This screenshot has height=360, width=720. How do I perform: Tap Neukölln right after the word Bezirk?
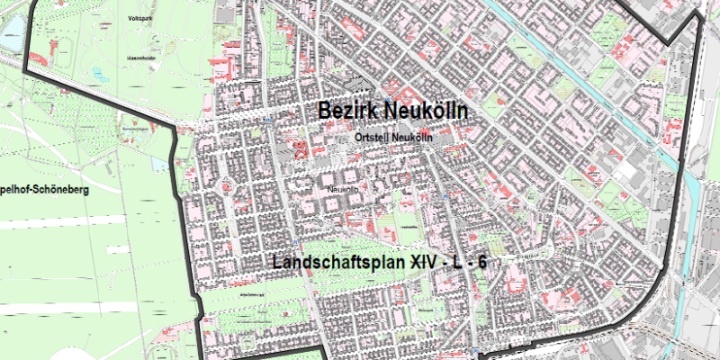pos(426,111)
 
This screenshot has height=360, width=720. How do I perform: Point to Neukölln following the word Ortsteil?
pos(414,138)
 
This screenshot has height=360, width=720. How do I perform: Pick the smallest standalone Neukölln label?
pos(345,191)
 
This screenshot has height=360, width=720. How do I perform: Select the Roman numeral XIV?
pos(426,263)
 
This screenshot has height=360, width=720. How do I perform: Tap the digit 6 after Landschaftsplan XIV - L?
pos(482,263)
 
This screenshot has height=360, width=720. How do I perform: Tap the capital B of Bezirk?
pos(324,111)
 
